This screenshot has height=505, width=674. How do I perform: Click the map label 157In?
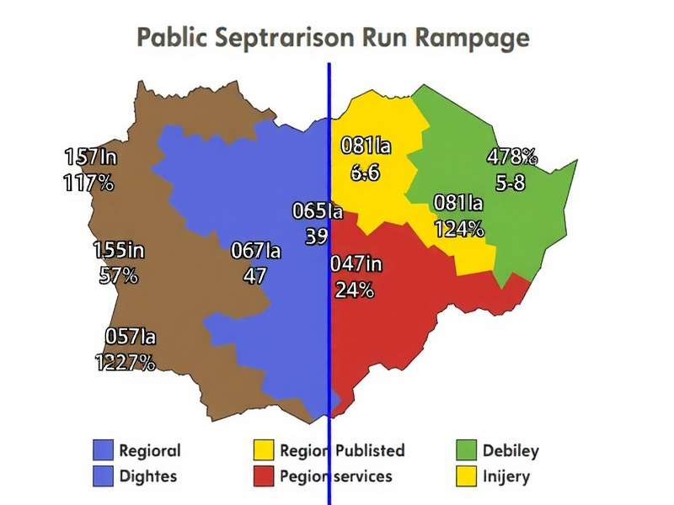click(90, 157)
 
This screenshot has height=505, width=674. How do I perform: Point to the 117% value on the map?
click(88, 183)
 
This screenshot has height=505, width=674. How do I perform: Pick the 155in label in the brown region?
click(118, 250)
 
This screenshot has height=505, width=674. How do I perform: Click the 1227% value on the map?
click(125, 362)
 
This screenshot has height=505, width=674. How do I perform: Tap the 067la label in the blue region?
click(255, 251)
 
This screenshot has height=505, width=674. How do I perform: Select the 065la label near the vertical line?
click(317, 211)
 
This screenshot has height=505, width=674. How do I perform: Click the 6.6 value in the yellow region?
click(366, 173)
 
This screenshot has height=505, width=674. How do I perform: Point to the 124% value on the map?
click(459, 228)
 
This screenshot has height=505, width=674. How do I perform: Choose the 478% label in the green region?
click(511, 157)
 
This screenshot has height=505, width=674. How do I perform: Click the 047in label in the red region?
click(356, 264)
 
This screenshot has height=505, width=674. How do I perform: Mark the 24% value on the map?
click(354, 290)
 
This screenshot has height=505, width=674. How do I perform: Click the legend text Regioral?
click(149, 450)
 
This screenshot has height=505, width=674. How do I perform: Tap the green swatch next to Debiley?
click(466, 450)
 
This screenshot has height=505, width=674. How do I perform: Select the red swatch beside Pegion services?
click(264, 476)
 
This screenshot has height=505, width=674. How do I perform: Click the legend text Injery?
click(505, 476)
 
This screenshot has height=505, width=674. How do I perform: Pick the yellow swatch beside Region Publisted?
click(264, 450)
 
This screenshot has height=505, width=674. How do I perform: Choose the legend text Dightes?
click(147, 476)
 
